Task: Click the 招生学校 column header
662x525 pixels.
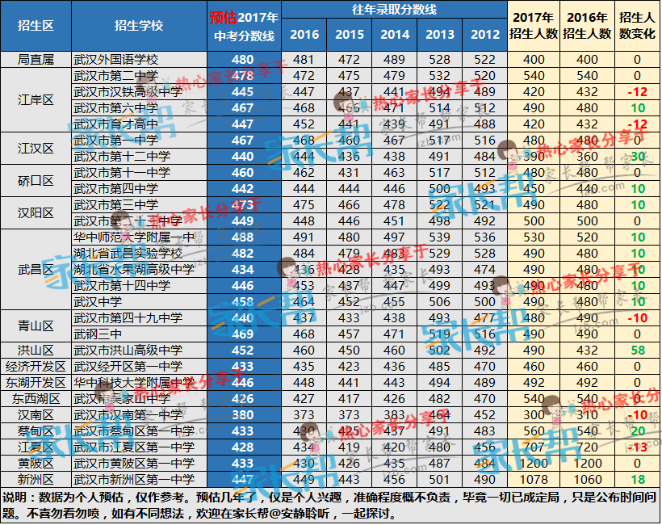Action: [138, 26]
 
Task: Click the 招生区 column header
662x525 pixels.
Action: [36, 26]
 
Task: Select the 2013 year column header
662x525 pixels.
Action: [440, 35]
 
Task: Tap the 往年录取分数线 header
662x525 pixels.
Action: [395, 10]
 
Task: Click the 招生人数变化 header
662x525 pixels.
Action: [636, 26]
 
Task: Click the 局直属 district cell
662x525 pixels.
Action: [36, 60]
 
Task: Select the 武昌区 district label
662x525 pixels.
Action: [36, 269]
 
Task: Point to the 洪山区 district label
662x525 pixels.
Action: [36, 350]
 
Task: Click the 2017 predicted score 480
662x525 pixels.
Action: [242, 60]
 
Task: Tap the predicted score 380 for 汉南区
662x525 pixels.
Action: [242, 414]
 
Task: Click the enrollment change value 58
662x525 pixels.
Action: [636, 350]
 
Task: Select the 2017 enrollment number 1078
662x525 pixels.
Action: [534, 479]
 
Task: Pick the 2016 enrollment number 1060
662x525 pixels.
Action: [588, 479]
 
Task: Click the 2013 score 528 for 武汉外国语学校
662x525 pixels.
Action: [440, 60]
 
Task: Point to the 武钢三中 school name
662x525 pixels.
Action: [98, 334]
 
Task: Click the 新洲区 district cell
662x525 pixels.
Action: [36, 479]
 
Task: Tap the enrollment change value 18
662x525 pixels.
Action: [636, 479]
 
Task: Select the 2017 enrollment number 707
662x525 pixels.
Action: [534, 447]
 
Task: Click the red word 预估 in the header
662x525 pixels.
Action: [224, 17]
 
